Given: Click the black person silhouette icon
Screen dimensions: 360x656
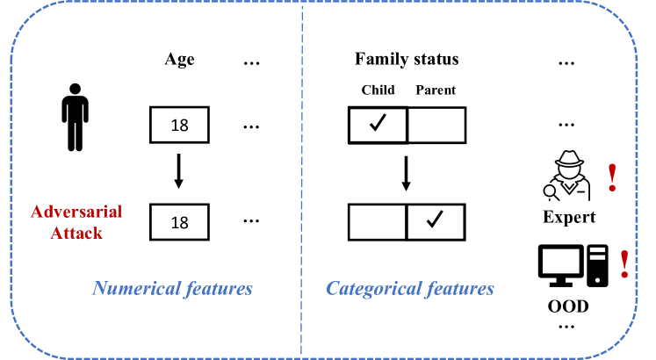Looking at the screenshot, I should coord(75,117).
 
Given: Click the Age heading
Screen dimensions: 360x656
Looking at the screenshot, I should coord(179,60).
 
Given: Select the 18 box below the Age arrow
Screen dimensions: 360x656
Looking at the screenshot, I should coord(180,222).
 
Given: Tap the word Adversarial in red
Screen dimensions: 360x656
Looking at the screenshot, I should coord(76,212).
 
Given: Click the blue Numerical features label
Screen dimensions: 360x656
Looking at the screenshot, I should coord(173,288).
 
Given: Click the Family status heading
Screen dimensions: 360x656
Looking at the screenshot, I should coord(407,60).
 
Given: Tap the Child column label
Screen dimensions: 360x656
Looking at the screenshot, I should coord(378,90).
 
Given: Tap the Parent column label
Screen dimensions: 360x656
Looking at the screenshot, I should coord(436,90).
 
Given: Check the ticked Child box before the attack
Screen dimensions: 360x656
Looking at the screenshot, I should coord(378,126).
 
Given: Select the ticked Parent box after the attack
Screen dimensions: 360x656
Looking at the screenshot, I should coord(436,222).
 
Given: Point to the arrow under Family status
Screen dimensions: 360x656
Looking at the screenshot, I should coord(406,173).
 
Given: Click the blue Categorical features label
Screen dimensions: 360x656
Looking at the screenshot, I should coord(410,288).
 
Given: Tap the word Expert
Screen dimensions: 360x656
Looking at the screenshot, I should coord(568,218).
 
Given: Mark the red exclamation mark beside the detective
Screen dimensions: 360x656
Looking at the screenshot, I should coord(612,176).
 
